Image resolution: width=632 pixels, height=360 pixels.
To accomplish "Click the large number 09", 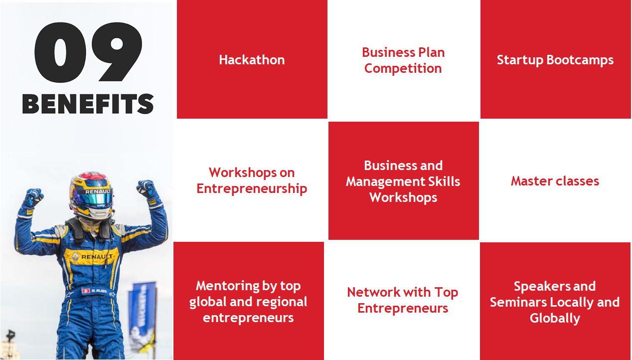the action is [88, 52].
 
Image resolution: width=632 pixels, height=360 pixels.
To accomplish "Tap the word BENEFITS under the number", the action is [88, 104].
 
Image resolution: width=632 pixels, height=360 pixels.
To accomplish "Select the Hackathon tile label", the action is [252, 60].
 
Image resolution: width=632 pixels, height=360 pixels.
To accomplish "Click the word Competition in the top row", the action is [403, 69].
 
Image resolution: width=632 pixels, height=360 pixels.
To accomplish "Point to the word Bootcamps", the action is [580, 60].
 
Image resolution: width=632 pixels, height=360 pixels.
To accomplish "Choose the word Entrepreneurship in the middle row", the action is [252, 189].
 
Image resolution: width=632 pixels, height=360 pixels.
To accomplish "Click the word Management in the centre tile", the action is [385, 181].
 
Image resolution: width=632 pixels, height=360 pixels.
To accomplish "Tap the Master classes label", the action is [555, 181].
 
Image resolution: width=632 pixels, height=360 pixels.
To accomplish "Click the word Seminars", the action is [518, 302].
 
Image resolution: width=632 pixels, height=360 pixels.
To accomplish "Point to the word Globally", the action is [555, 319].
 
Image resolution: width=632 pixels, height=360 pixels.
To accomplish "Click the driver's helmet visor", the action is [95, 199].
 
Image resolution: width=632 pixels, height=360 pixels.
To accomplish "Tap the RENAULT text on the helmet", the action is [98, 191].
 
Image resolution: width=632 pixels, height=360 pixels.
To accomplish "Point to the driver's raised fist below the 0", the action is [33, 196].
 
